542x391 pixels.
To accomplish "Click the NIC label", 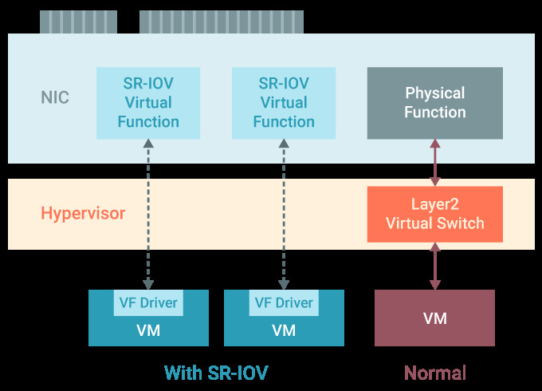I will (55, 98).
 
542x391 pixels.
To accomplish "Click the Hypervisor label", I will (83, 214).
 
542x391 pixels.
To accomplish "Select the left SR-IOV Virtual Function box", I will (148, 102).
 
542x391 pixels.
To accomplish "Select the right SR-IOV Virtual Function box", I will (284, 102).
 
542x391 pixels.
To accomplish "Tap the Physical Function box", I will (434, 102).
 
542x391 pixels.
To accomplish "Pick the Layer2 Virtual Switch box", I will (434, 214).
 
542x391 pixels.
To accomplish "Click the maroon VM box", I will (434, 318).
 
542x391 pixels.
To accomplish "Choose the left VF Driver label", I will (148, 303).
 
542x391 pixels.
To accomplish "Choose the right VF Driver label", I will (284, 303).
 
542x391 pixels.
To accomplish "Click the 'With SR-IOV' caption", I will (215, 373).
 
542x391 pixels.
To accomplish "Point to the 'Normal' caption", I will (434, 373).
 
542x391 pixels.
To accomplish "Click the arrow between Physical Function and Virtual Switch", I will (435, 162).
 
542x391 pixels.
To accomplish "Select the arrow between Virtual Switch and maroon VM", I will (435, 266).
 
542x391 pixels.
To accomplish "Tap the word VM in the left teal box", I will (148, 330).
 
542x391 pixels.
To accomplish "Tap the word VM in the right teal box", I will (284, 330).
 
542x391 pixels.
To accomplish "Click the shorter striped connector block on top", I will (78, 22).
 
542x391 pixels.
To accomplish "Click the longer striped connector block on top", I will (221, 22).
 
